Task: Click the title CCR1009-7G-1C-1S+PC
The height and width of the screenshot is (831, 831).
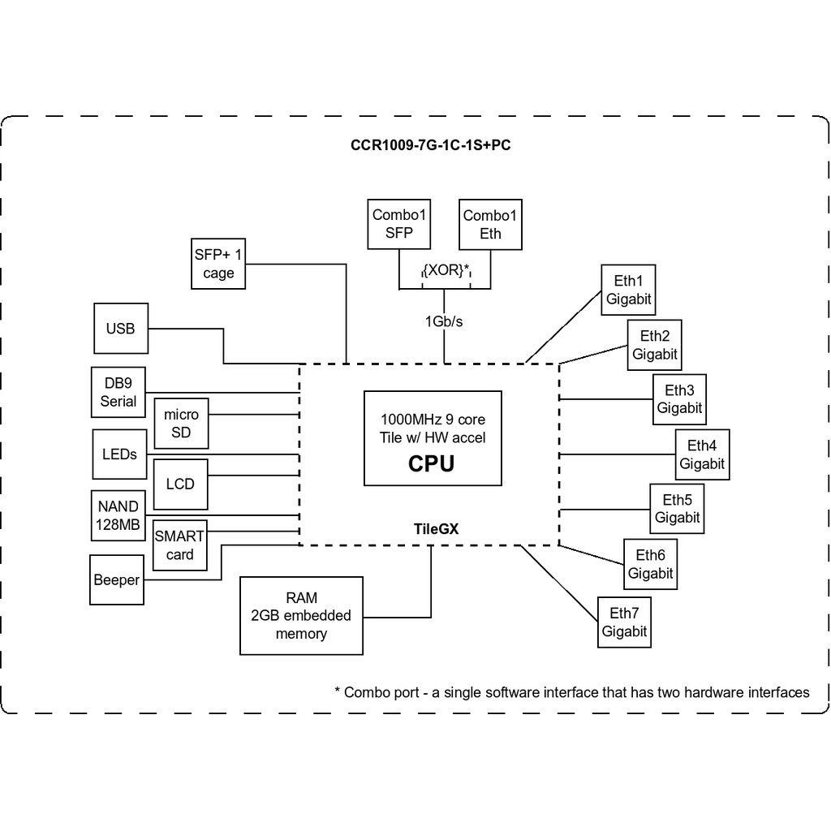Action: (430, 146)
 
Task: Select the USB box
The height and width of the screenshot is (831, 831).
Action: (121, 329)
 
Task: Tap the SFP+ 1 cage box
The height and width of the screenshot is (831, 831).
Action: (218, 264)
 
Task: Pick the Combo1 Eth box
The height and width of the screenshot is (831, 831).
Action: (490, 224)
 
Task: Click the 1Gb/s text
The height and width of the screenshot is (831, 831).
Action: (444, 321)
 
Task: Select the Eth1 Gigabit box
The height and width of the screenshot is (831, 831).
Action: (628, 290)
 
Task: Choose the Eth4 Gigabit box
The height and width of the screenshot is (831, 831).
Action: (702, 454)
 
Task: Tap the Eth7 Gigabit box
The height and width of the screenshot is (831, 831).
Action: (624, 622)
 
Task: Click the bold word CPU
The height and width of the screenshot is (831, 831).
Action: (431, 463)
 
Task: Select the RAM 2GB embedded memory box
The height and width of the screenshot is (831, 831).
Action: (301, 616)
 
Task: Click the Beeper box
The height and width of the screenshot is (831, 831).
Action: (117, 580)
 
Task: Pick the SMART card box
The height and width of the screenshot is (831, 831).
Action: (179, 545)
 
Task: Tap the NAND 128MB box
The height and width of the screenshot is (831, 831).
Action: (118, 515)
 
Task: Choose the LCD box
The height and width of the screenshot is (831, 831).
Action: (180, 484)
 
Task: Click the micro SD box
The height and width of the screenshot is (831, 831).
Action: (181, 423)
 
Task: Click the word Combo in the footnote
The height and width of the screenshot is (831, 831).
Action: (366, 692)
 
